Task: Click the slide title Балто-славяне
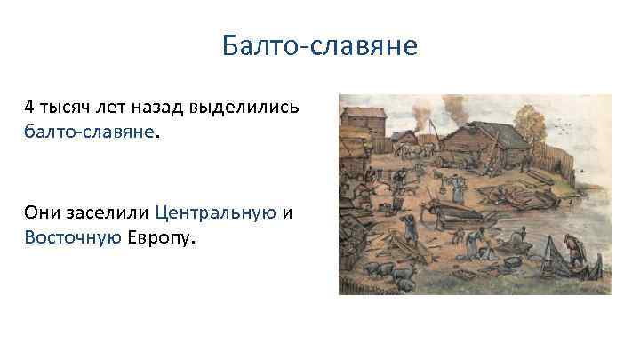coord(320,45)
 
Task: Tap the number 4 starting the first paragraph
coord(29,108)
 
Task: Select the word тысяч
coord(63,108)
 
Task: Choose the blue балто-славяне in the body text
coord(90,132)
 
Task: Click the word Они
coord(42,214)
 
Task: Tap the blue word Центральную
coord(214,214)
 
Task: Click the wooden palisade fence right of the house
coord(591,164)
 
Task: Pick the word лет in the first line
coord(108,108)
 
